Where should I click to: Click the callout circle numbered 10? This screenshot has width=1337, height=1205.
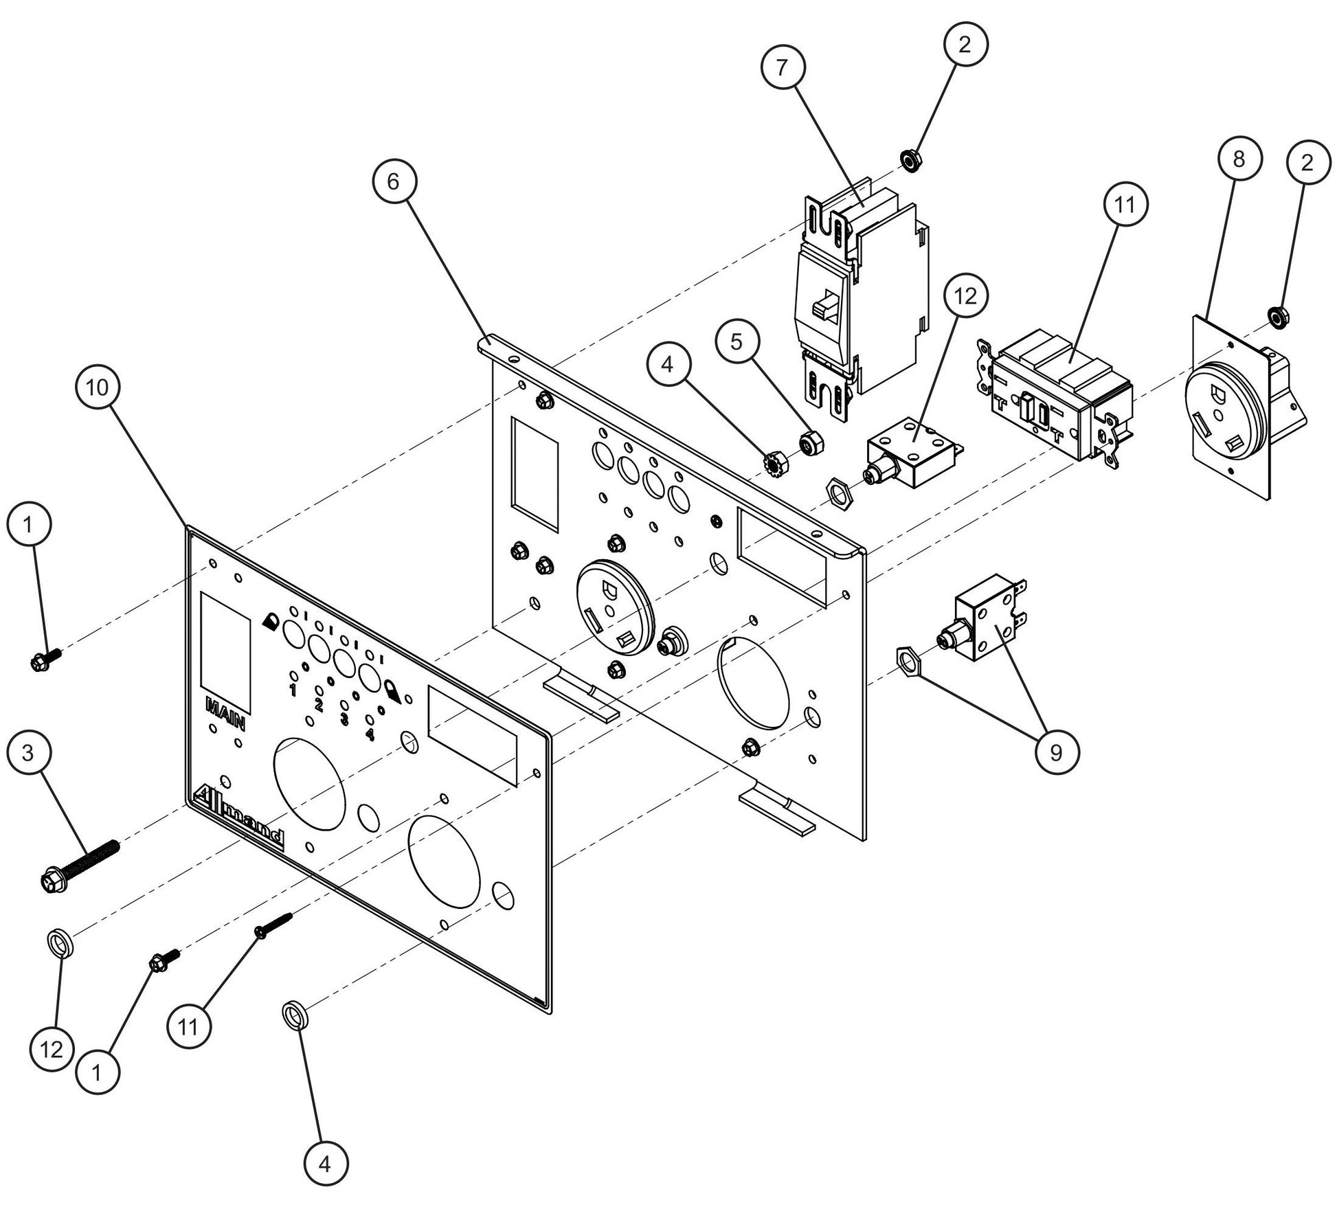pos(97,387)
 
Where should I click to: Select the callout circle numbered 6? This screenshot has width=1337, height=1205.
pos(392,181)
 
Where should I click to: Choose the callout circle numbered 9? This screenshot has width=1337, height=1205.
pos(1055,753)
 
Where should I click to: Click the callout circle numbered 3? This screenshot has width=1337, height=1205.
pos(27,753)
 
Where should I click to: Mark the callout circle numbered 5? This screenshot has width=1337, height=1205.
pos(737,341)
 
